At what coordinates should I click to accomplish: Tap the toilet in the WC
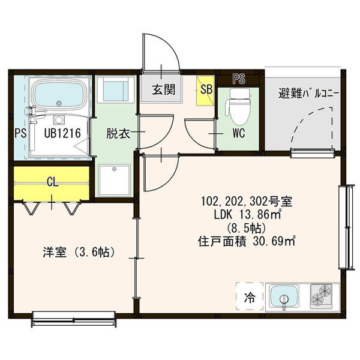(x=239, y=106)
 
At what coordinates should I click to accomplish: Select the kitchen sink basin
(x=284, y=296)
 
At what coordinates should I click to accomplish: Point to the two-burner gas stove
(x=321, y=296)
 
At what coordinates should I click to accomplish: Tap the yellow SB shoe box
(x=205, y=91)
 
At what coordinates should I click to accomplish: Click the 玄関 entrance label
(x=164, y=89)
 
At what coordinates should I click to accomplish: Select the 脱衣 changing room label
(x=118, y=133)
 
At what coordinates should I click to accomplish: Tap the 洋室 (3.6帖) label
(x=79, y=252)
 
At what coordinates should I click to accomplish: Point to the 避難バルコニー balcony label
(x=308, y=94)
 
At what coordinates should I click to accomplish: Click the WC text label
(x=239, y=133)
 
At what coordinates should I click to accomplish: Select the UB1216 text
(x=62, y=133)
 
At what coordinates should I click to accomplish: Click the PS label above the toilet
(x=239, y=79)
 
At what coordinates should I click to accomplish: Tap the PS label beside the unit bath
(x=20, y=133)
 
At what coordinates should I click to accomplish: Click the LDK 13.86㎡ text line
(x=248, y=215)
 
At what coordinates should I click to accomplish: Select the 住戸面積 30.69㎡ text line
(x=247, y=242)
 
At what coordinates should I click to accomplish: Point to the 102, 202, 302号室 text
(x=247, y=202)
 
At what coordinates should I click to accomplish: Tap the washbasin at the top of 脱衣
(x=115, y=89)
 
